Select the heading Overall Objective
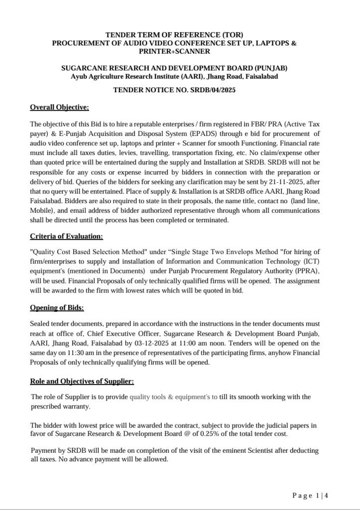[59, 107]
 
